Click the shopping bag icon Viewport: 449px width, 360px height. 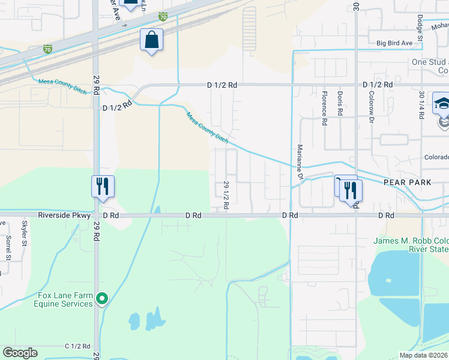point(152,41)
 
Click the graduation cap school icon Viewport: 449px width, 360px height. point(442,103)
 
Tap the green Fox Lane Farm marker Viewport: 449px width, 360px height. point(102,298)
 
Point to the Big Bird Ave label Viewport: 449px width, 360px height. point(394,43)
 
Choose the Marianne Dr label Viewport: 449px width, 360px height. point(299,161)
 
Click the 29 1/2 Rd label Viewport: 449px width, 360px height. point(226,195)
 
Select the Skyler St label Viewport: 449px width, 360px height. point(25,233)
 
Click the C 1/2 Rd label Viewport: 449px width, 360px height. point(77,346)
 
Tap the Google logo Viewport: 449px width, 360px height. point(20,353)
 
